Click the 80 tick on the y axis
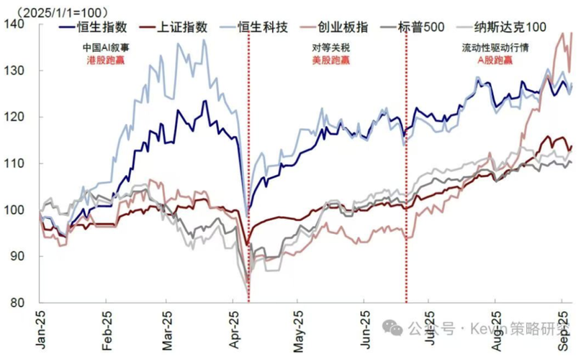(x=26, y=303)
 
